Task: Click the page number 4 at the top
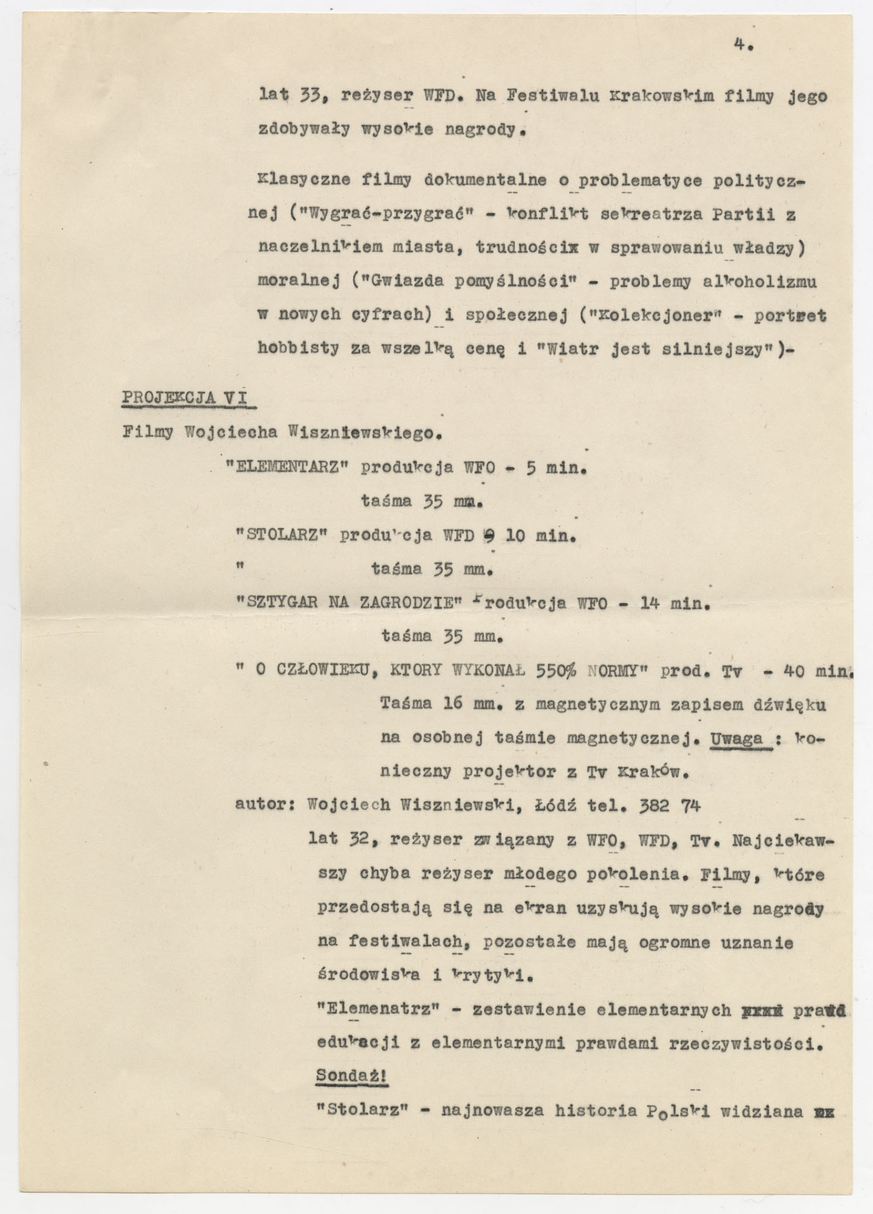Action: tap(740, 45)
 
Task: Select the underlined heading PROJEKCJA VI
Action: tap(184, 398)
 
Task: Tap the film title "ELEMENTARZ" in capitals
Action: tap(288, 469)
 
